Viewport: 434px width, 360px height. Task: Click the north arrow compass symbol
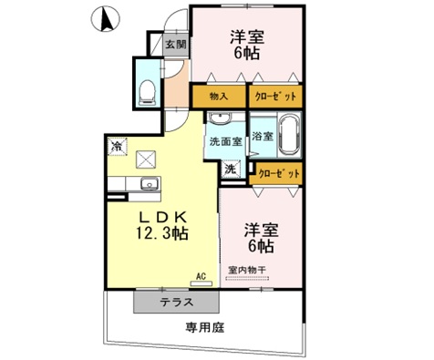pos(108,17)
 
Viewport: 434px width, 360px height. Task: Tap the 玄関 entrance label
pos(176,43)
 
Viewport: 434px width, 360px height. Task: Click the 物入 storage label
pos(218,96)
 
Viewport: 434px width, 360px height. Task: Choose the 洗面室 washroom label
pos(224,142)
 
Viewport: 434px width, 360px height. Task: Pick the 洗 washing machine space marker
pos(232,169)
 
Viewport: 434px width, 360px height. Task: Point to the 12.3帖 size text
pos(163,234)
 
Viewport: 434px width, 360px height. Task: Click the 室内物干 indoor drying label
pos(247,270)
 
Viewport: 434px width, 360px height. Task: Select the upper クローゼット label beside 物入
pos(274,96)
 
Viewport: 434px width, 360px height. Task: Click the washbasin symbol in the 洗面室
pos(220,121)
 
